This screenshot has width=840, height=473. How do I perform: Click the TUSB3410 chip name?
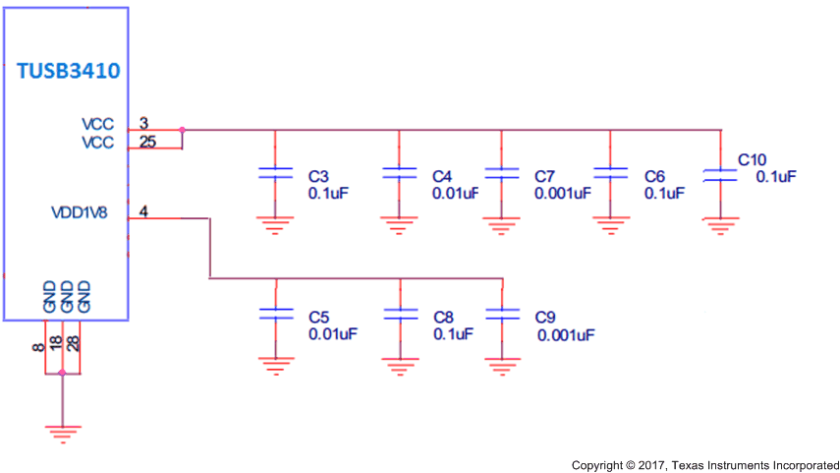point(68,72)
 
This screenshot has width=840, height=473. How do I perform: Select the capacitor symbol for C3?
point(276,173)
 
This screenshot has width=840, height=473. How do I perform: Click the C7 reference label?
point(545,176)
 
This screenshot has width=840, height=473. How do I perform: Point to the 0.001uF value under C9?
point(566,335)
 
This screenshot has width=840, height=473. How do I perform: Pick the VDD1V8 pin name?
point(82,211)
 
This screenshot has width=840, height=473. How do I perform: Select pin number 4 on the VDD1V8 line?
point(143,211)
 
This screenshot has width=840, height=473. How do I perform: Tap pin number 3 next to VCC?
point(143,124)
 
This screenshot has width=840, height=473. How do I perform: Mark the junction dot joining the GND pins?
point(62,373)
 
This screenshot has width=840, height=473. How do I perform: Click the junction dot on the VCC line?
point(183,130)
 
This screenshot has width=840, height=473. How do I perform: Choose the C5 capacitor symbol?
point(276,314)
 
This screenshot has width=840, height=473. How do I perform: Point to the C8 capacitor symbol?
point(399,314)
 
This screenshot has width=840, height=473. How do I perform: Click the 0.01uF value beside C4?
point(455,193)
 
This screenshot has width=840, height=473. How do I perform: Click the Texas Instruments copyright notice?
point(705,463)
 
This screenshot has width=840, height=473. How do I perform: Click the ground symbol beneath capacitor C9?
point(503,366)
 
